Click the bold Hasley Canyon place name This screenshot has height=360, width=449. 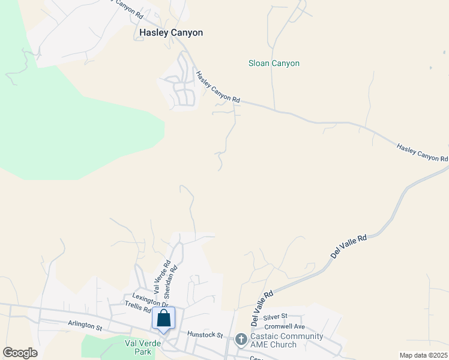click(x=171, y=32)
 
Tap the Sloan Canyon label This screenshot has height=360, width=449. click(x=274, y=63)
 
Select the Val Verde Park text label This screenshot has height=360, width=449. click(x=138, y=347)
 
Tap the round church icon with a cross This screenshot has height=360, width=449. click(x=241, y=340)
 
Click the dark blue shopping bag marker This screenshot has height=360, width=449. click(x=163, y=319)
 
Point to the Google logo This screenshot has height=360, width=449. click(x=20, y=353)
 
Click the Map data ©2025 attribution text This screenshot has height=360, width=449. click(x=423, y=355)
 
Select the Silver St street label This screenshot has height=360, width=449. click(x=276, y=316)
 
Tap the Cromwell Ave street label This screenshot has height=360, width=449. click(x=286, y=326)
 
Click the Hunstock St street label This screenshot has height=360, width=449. click(x=205, y=334)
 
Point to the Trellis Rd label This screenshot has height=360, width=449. click(x=138, y=308)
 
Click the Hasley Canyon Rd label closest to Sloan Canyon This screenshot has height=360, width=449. click(x=218, y=86)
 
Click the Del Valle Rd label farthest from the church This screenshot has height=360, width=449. click(x=348, y=247)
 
